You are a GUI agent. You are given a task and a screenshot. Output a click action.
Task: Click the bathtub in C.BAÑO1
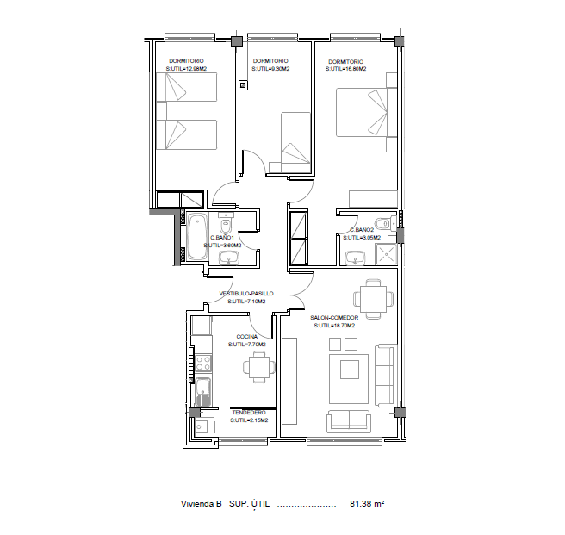[197, 237]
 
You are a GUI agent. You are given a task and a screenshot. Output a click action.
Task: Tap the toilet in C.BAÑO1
[226, 223]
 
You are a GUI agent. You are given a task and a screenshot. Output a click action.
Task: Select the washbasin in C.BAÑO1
[228, 258]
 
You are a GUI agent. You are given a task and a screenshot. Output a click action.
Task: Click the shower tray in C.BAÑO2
[386, 254]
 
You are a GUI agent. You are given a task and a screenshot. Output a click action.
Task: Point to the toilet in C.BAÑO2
[384, 223]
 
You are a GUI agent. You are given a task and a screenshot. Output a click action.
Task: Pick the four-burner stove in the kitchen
[203, 363]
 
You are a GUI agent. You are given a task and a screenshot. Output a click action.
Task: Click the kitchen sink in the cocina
[203, 392]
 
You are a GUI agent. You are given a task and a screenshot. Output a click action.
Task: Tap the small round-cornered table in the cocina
[259, 367]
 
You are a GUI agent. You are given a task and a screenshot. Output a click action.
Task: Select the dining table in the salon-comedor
[373, 298]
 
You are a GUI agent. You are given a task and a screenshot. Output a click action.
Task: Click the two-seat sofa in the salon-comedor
[348, 421]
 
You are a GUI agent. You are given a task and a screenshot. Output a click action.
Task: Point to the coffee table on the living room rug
[349, 370]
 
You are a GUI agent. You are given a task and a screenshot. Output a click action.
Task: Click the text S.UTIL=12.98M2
[186, 69]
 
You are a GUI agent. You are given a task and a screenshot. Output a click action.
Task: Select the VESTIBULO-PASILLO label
[246, 294]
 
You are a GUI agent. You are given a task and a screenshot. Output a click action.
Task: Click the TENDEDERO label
[249, 413]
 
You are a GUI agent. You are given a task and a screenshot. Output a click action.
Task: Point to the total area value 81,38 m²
[367, 504]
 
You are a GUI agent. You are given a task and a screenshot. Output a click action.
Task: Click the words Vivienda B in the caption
[201, 504]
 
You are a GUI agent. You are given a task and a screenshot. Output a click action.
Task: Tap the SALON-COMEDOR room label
[334, 318]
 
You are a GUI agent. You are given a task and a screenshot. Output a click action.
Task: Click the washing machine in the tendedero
[204, 427]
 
